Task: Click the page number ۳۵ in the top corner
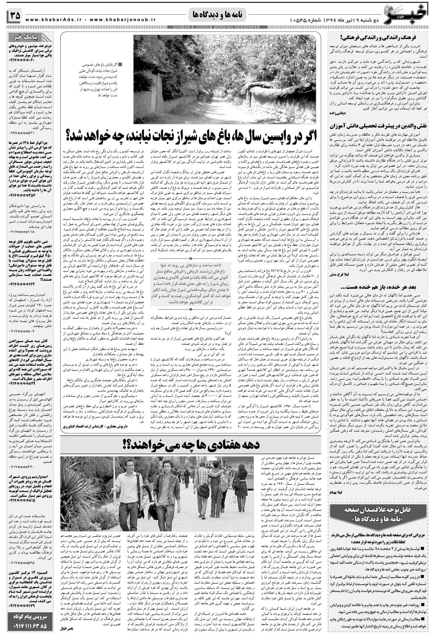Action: point(13,15)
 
